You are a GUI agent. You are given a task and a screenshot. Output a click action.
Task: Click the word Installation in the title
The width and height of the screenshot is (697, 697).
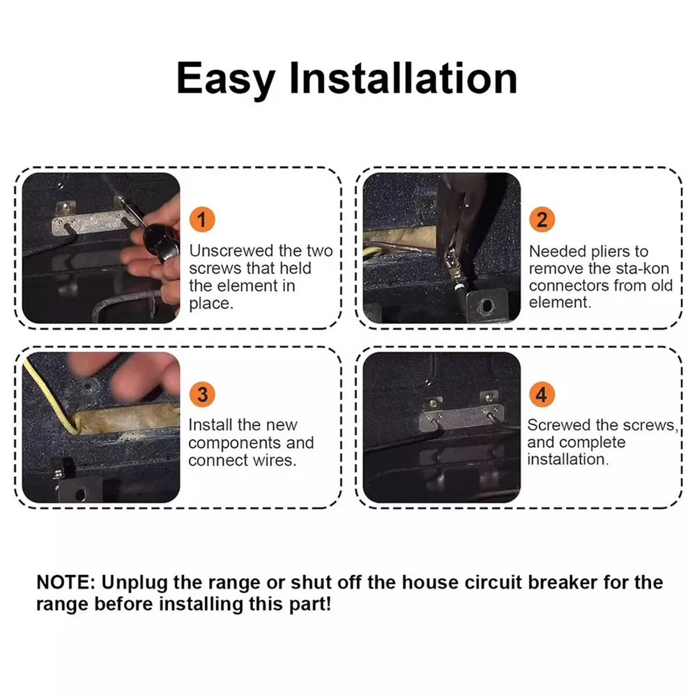tap(404, 78)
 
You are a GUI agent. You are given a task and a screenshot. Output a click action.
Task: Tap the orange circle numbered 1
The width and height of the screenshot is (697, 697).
tap(202, 220)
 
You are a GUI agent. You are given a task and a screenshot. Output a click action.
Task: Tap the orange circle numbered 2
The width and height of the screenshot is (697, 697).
tap(542, 220)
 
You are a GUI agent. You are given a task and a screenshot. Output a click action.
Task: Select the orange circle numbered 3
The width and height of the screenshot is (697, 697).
tap(202, 395)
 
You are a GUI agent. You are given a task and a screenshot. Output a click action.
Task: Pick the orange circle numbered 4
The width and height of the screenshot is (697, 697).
tap(542, 395)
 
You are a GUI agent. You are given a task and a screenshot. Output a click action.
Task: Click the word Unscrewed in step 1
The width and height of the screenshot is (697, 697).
tap(231, 251)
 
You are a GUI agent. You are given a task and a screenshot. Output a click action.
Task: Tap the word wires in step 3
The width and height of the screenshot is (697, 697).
tap(273, 460)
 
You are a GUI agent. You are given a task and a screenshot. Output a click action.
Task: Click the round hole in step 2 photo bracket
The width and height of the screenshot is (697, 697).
tap(487, 306)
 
